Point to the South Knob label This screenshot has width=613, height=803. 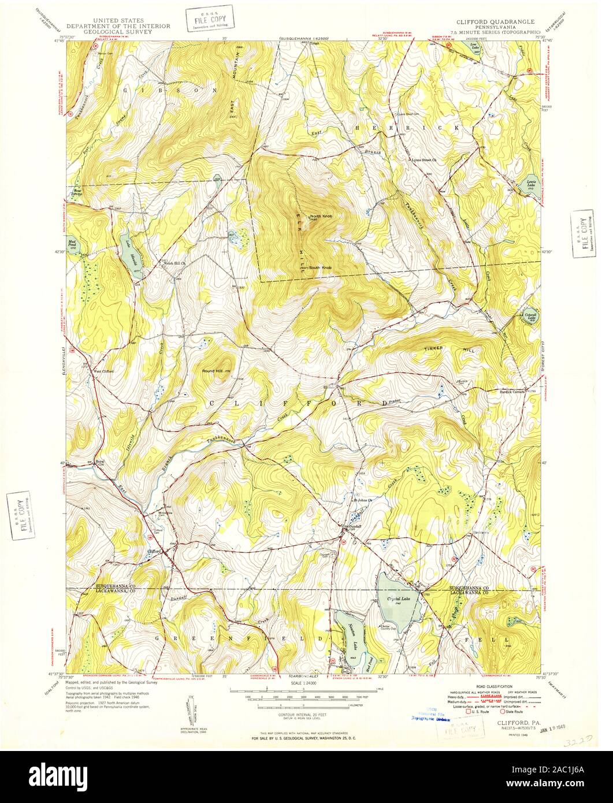320,267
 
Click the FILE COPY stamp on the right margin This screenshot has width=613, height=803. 582,232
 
